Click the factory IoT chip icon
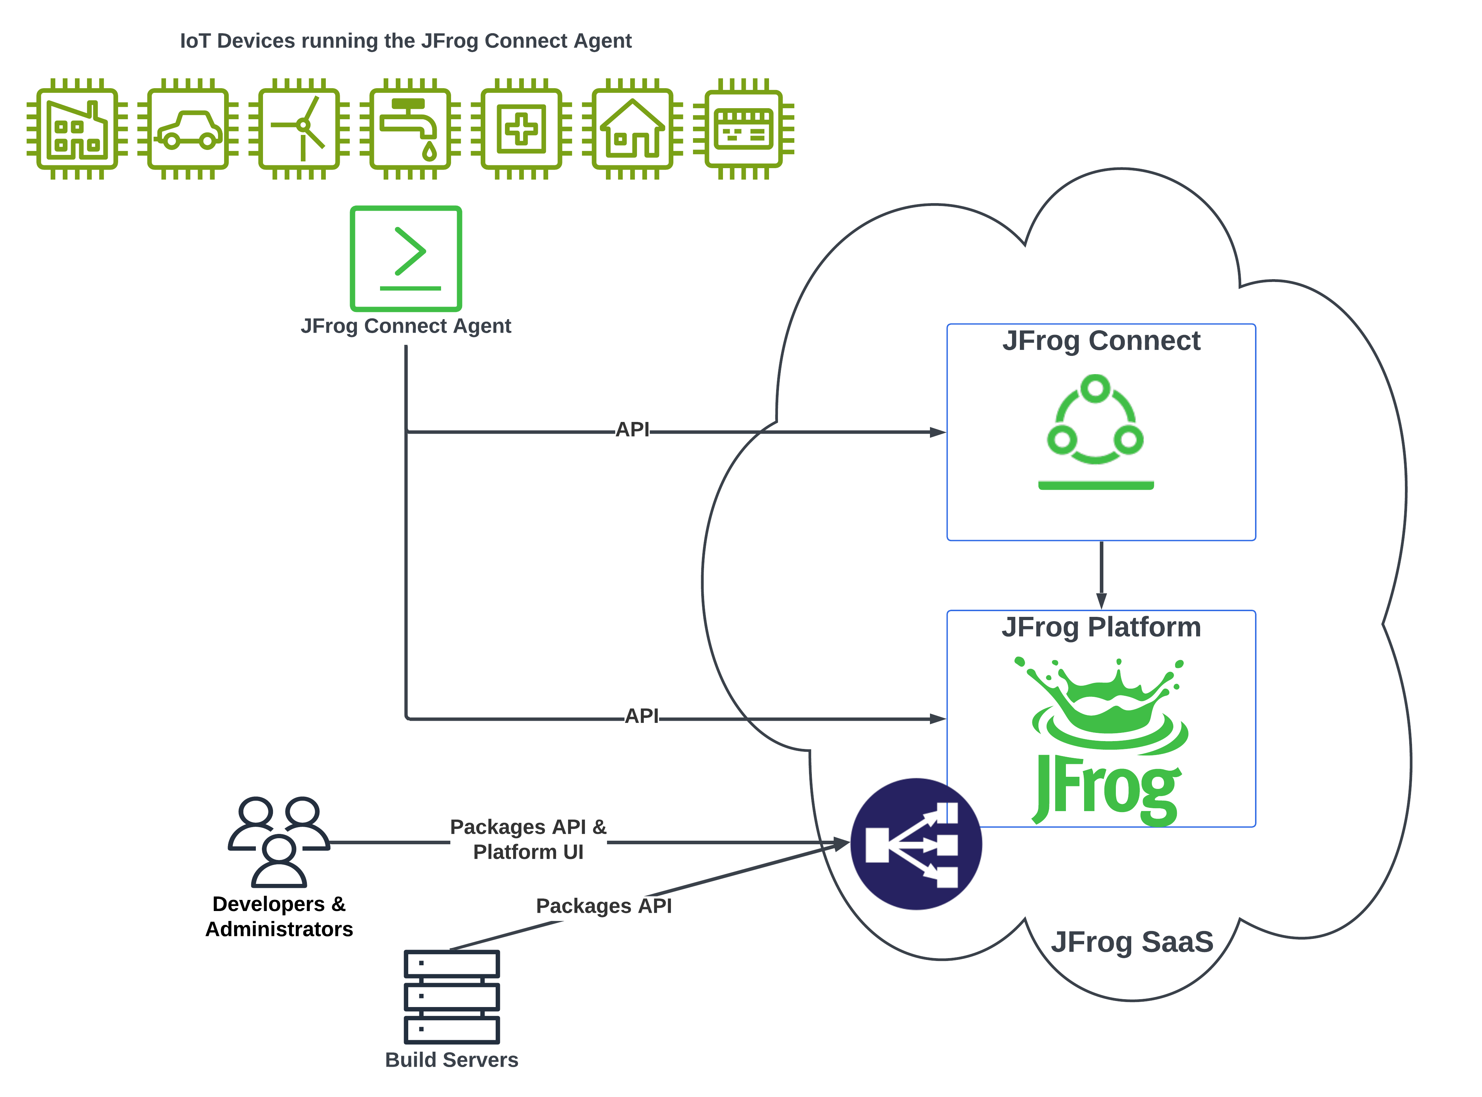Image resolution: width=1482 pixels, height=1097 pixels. [x=77, y=129]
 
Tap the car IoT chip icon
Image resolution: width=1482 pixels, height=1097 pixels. [x=188, y=129]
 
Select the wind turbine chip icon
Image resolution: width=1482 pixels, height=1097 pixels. [x=299, y=129]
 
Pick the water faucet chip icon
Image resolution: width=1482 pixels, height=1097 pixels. [x=410, y=129]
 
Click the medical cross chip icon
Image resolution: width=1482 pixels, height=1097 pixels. [x=522, y=129]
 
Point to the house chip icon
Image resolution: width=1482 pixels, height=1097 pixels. [x=632, y=129]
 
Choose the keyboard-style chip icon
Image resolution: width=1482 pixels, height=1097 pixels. [x=743, y=129]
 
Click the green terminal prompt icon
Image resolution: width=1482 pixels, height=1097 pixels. [x=405, y=258]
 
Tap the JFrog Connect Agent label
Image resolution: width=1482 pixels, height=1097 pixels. [x=405, y=326]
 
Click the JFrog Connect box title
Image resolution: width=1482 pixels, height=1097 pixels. [x=1101, y=341]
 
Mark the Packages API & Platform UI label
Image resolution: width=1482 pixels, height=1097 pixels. [x=528, y=839]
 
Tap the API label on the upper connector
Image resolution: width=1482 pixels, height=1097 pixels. [x=632, y=430]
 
